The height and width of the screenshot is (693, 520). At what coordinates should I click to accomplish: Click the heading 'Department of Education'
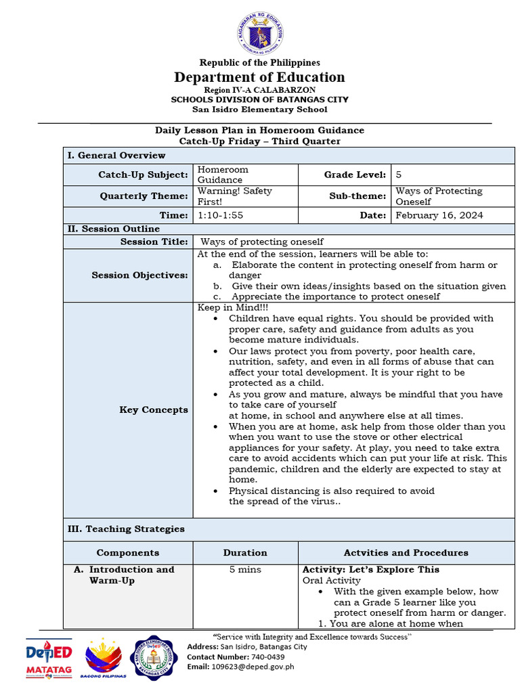point(260,77)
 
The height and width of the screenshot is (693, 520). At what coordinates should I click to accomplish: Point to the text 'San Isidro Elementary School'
point(260,109)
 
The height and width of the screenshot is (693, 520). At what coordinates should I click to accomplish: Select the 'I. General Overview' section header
point(116,155)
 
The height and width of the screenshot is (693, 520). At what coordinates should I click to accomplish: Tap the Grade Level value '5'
point(399,175)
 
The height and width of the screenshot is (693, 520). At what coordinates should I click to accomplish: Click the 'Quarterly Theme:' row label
point(144,196)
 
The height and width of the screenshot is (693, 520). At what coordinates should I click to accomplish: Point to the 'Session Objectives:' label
point(140,275)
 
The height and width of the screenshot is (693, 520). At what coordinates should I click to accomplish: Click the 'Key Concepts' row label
point(154,409)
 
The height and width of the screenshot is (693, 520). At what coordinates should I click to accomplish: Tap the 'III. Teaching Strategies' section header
point(125,529)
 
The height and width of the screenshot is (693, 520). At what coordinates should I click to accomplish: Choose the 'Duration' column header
point(245,552)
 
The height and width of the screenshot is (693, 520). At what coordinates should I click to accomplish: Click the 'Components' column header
point(128,552)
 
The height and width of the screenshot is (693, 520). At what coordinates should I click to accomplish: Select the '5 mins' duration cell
point(245,570)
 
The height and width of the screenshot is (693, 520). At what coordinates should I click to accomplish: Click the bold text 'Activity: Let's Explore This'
point(370,570)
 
